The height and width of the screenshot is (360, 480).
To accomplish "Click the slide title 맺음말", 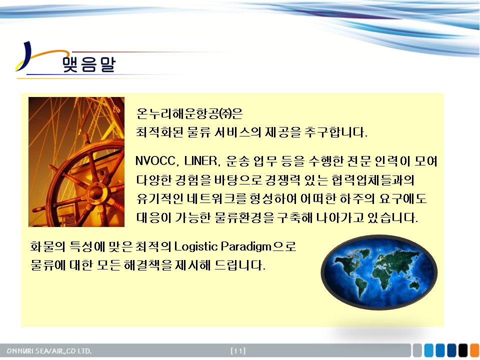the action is coord(89,64).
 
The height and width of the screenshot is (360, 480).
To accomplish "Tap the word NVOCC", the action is coord(155,161).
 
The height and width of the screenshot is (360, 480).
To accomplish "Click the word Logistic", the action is coord(195,246).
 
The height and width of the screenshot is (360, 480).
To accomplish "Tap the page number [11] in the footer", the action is coord(238,350).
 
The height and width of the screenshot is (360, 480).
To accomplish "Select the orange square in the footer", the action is coord(474,350).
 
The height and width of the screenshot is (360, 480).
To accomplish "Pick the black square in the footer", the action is coord(463,350).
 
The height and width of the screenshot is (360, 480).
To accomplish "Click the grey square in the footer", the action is coord(417,350).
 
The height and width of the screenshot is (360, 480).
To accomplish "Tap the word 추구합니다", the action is coord(336,132).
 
